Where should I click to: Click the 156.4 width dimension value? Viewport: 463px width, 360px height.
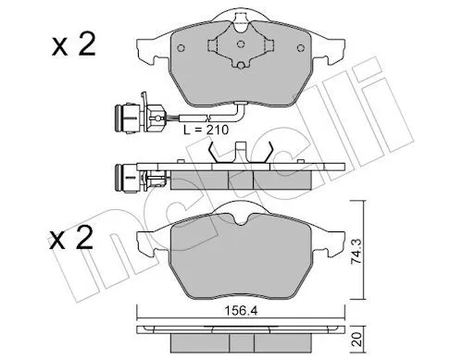click(241, 311)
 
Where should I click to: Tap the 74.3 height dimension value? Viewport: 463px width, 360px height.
click(357, 251)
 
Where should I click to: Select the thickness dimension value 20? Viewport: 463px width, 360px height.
click(357, 340)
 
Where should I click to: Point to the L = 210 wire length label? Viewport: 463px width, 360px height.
click(206, 130)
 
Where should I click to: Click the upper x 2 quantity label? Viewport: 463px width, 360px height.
click(74, 45)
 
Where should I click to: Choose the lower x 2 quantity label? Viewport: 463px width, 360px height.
click(70, 237)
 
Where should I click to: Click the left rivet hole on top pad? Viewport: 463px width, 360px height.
click(181, 48)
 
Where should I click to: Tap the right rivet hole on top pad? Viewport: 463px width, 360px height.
click(300, 48)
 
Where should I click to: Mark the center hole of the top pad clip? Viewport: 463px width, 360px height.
click(241, 44)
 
